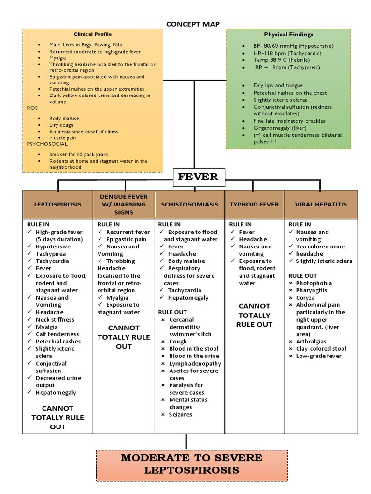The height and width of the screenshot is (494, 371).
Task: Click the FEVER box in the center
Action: tap(198, 177)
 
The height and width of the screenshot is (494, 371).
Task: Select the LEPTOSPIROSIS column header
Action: tap(57, 204)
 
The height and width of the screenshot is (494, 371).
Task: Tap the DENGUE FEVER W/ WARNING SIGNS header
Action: tap(124, 204)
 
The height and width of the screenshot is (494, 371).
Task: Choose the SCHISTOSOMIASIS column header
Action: tap(190, 204)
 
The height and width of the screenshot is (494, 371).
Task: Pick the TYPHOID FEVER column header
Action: tap(254, 204)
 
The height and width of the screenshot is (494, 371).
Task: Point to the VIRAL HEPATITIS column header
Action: tap(321, 204)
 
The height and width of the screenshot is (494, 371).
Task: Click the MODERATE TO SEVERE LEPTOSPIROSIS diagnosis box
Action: tap(191, 464)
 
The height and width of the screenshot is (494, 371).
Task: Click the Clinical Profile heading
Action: tap(93, 34)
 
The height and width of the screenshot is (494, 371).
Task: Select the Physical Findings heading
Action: tap(288, 35)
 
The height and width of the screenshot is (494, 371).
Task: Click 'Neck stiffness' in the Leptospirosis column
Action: tap(55, 319)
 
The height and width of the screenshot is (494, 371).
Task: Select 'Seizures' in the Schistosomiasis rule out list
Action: tap(180, 414)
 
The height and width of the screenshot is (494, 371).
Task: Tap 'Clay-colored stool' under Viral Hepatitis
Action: tap(321, 348)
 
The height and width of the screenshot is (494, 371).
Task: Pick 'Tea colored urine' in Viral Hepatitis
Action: tap(320, 247)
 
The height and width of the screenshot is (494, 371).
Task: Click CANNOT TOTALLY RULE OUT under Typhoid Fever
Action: tap(254, 315)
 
